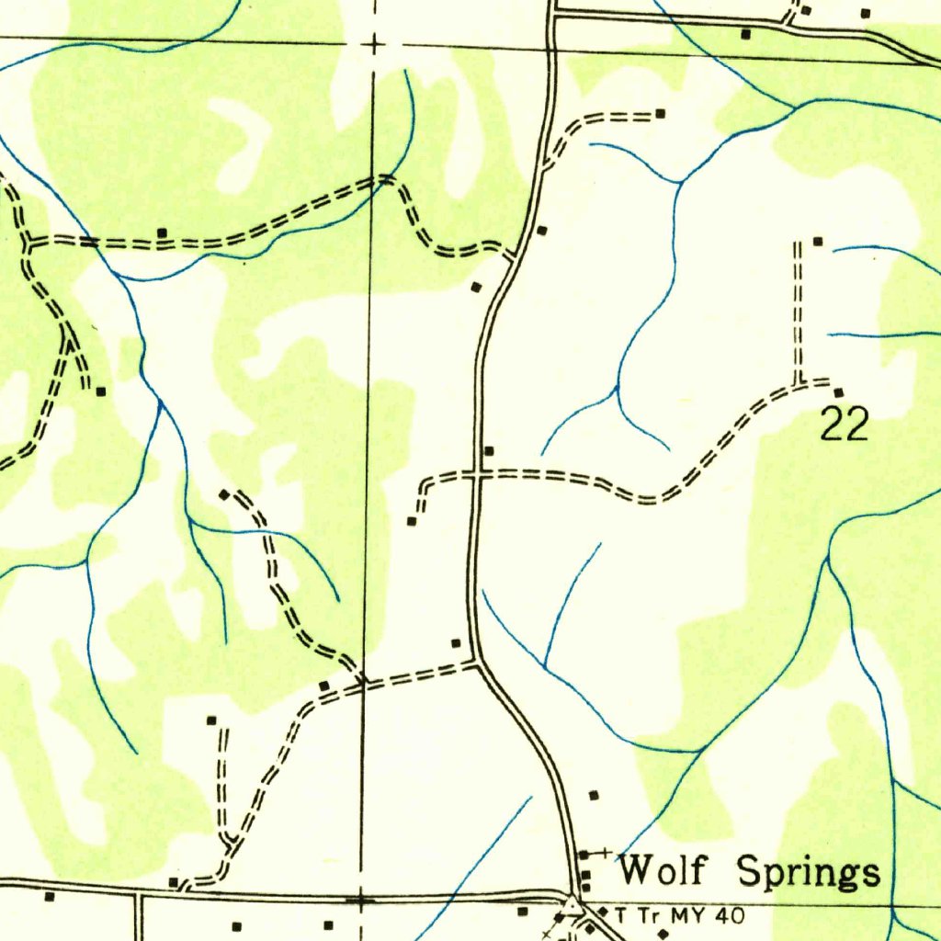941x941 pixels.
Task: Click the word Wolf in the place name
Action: pyautogui.click(x=663, y=869)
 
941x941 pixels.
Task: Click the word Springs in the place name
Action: pyautogui.click(x=810, y=872)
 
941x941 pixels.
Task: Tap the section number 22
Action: pyautogui.click(x=844, y=425)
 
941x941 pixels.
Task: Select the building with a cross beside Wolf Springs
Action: pyautogui.click(x=584, y=856)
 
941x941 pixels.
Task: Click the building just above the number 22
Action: pyautogui.click(x=837, y=393)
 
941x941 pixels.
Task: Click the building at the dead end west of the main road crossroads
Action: pyautogui.click(x=412, y=521)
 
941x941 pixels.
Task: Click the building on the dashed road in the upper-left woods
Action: pyautogui.click(x=162, y=232)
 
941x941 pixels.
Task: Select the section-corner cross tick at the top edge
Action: pyautogui.click(x=373, y=43)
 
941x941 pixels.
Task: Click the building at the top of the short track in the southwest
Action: pyautogui.click(x=211, y=720)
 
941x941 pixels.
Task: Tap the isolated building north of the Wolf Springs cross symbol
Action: pyautogui.click(x=594, y=794)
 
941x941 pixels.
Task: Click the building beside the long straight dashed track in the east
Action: pyautogui.click(x=816, y=241)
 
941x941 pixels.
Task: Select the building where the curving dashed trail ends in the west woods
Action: pyautogui.click(x=224, y=494)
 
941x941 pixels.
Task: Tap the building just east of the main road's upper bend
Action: pyautogui.click(x=542, y=230)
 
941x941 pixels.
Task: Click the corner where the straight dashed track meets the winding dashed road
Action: pyautogui.click(x=798, y=382)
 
